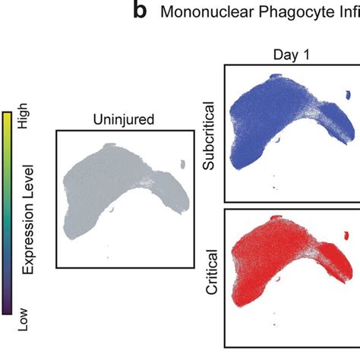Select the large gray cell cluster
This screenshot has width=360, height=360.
tap(106, 190)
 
